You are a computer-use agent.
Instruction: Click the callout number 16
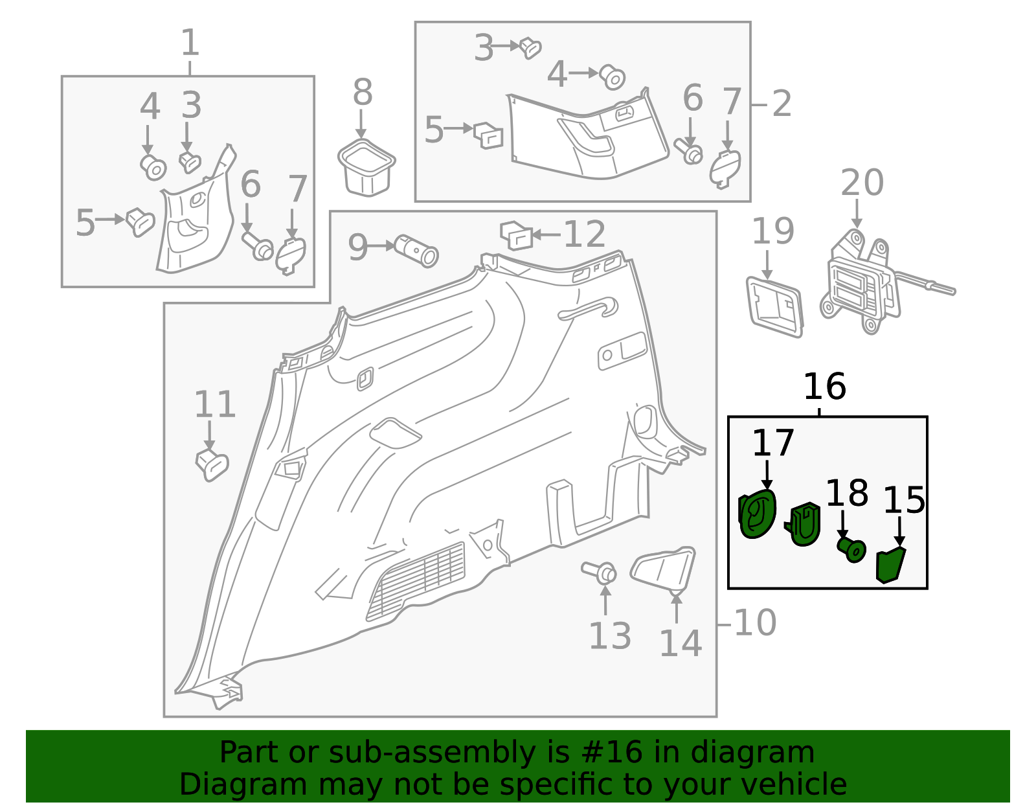(824, 387)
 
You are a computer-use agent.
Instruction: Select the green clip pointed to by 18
(851, 549)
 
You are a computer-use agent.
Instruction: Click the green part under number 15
(890, 564)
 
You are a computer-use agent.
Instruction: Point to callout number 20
(861, 183)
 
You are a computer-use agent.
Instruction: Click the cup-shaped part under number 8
(366, 168)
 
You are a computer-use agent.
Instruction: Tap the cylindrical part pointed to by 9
(416, 251)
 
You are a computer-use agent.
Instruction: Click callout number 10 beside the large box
(755, 623)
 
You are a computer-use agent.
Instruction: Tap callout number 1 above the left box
(189, 44)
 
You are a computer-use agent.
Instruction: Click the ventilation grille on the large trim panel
(418, 580)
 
